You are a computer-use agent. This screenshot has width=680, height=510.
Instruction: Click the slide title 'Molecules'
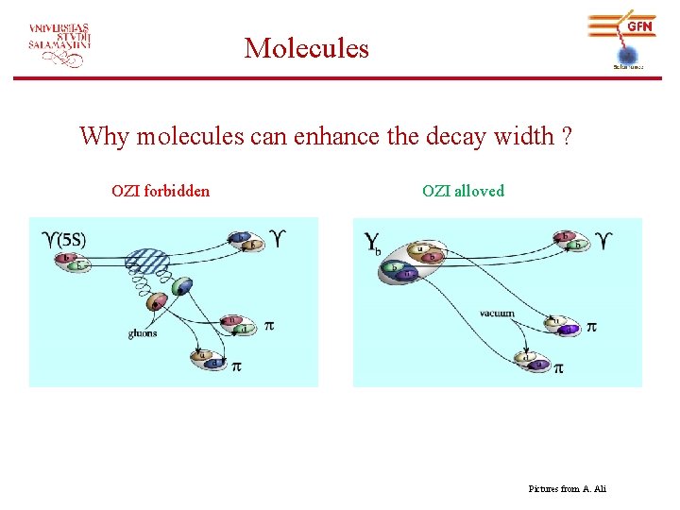coord(306,47)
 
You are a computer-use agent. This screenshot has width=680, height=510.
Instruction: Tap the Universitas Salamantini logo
coord(59,43)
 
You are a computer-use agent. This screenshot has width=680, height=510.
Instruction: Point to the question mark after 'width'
coord(565,137)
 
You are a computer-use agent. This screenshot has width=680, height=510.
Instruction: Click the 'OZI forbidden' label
coord(161,191)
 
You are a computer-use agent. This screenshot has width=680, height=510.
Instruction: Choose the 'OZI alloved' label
coord(463,191)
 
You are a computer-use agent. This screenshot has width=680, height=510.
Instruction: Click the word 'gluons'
coord(144,333)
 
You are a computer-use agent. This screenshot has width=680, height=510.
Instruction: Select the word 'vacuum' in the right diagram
coord(497,313)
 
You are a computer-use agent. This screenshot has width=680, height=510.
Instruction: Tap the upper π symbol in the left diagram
coord(269,326)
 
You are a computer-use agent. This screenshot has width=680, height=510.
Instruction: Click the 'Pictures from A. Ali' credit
coord(568,488)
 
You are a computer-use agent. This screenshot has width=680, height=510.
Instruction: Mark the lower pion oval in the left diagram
coord(208,359)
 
